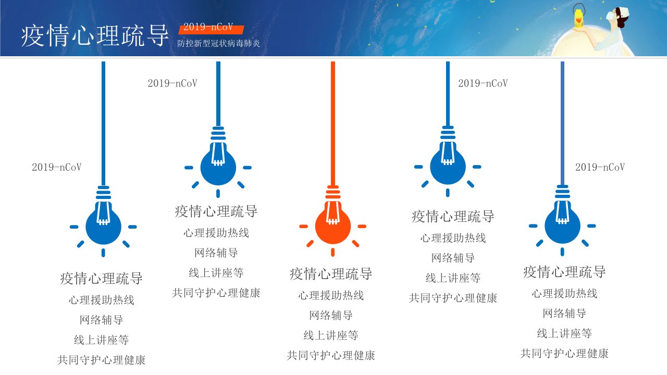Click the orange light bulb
click(x=332, y=226)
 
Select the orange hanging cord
click(x=333, y=123)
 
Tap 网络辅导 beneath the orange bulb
click(x=331, y=315)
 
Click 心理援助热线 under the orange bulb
click(x=331, y=295)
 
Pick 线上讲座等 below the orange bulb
click(x=331, y=335)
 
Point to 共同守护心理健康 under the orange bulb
click(x=331, y=355)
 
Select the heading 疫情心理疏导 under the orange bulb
click(x=331, y=274)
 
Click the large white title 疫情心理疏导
click(x=95, y=36)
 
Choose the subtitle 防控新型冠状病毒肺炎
click(x=218, y=43)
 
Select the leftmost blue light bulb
click(x=103, y=227)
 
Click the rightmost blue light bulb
click(x=562, y=226)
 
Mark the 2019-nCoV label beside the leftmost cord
click(x=57, y=167)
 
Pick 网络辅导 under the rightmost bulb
click(x=564, y=314)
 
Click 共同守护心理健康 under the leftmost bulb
click(x=101, y=360)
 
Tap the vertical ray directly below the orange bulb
click(x=333, y=253)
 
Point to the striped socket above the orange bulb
click(x=333, y=192)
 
